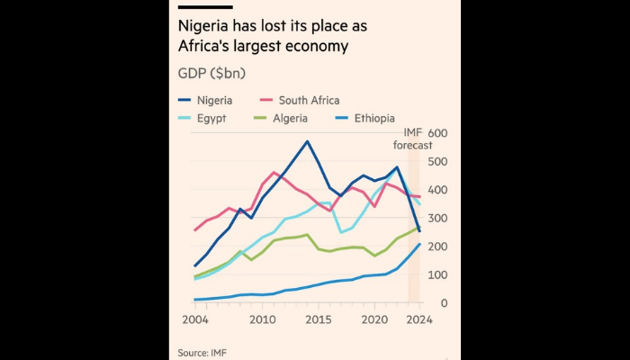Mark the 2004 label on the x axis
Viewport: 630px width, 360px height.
(x=195, y=321)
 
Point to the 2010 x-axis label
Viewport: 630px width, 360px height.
(x=263, y=321)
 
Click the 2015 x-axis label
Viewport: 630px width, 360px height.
(x=319, y=321)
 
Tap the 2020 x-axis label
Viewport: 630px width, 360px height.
(x=374, y=321)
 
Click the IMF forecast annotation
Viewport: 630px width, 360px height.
(x=413, y=139)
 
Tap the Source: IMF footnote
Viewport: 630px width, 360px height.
(x=202, y=352)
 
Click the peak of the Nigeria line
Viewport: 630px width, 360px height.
(x=308, y=141)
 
